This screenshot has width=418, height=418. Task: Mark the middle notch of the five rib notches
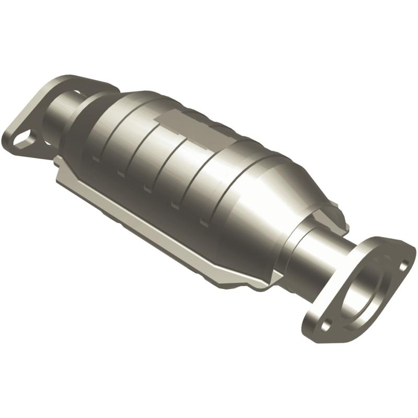[x=147, y=188]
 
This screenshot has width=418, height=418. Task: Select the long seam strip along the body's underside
[x=157, y=230]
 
